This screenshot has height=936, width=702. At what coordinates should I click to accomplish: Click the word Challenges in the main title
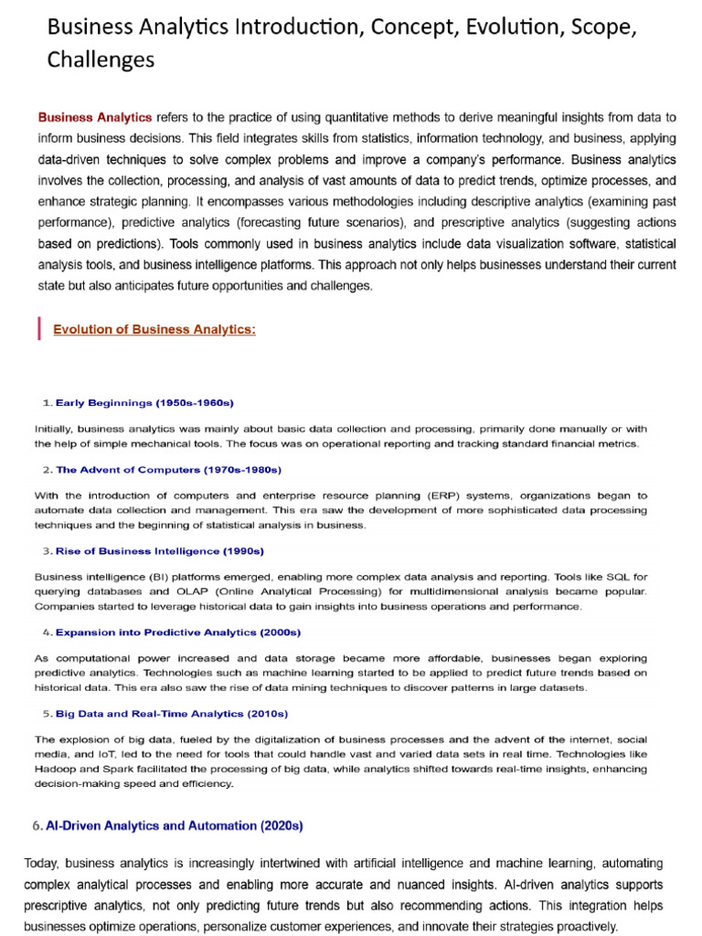(101, 59)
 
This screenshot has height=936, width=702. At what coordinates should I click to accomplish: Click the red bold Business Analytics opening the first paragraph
(95, 118)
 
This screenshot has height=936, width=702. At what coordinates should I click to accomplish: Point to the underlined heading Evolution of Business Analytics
(154, 329)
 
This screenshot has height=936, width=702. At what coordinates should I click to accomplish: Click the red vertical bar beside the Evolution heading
(39, 328)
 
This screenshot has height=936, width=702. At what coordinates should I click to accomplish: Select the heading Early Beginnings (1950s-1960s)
(144, 402)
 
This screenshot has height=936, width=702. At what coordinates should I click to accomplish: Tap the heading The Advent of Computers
(168, 469)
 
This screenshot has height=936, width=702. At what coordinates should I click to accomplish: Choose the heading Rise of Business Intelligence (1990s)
(160, 551)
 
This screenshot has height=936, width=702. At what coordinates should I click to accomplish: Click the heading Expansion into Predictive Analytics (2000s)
(178, 632)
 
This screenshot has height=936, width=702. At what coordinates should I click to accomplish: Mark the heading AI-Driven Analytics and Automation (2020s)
(174, 825)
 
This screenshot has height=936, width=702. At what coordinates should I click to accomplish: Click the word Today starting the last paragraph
(42, 864)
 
